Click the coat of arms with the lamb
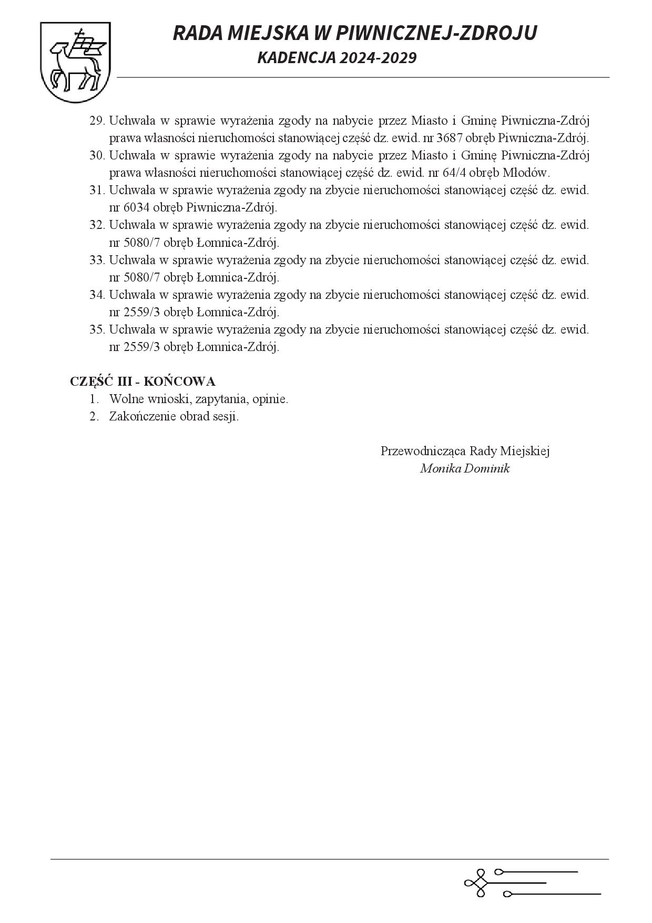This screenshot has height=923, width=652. [x=75, y=62]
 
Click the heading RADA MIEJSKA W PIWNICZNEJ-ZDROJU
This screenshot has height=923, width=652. [x=355, y=33]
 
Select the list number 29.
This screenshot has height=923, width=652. [x=97, y=121]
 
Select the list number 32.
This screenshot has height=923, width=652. [x=97, y=225]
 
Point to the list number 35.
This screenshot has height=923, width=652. [x=97, y=330]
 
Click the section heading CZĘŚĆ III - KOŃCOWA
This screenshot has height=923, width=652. [x=142, y=382]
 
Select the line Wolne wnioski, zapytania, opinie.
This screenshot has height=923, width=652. [x=198, y=399]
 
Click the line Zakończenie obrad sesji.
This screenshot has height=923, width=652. [x=174, y=417]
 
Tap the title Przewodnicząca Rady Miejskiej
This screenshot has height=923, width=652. [x=465, y=452]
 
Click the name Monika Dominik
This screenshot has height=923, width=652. [x=465, y=469]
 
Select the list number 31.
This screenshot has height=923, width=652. [x=97, y=190]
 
